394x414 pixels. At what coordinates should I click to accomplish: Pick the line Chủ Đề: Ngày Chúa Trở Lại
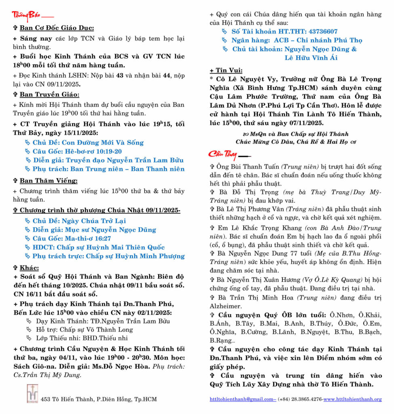click(x=79, y=221)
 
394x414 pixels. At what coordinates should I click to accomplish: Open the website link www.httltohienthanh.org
click(x=352, y=399)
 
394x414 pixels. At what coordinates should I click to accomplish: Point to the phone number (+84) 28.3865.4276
click(x=300, y=399)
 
